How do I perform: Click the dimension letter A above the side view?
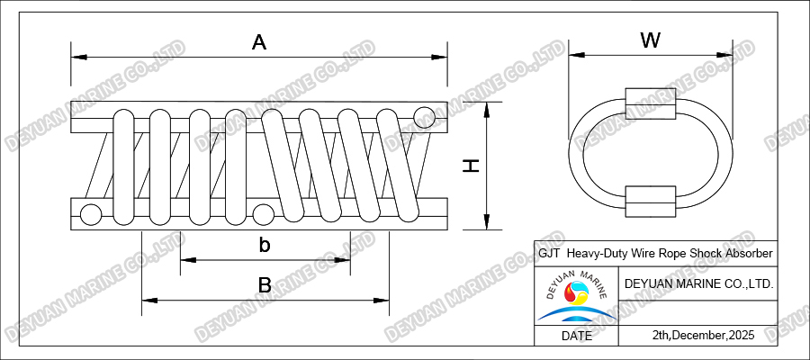click(259, 41)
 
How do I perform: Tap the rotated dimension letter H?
click(469, 165)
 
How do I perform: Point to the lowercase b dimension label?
click(265, 245)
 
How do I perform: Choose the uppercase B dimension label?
click(265, 284)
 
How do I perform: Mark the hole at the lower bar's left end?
click(90, 214)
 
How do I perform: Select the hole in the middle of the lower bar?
click(263, 214)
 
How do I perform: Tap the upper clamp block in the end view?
click(652, 103)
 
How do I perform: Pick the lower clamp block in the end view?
click(652, 201)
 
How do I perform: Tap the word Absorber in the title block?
click(745, 255)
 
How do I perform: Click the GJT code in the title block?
click(548, 255)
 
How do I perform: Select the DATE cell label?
click(576, 336)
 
